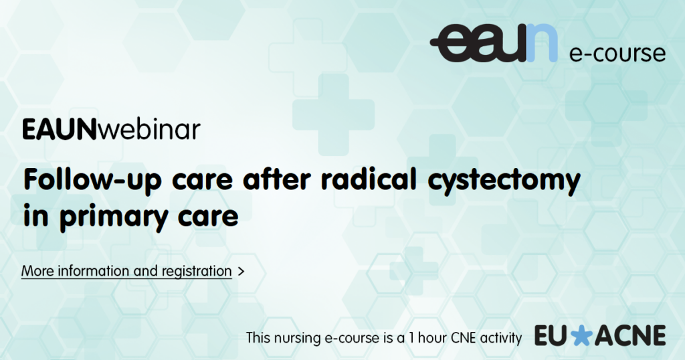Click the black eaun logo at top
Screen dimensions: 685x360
(x=494, y=43)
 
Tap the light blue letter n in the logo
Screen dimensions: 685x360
(x=542, y=43)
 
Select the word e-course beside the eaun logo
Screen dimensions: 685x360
(x=617, y=53)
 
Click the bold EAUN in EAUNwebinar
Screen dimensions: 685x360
(x=59, y=130)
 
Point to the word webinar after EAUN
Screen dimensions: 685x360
(x=149, y=129)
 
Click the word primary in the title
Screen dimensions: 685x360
(x=114, y=217)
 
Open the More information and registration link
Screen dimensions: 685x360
(x=126, y=271)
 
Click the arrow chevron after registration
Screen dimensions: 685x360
(x=241, y=272)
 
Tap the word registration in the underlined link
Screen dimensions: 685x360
(x=197, y=272)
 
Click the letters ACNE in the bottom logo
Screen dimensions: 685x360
(x=629, y=336)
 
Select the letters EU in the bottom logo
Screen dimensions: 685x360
(x=552, y=336)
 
